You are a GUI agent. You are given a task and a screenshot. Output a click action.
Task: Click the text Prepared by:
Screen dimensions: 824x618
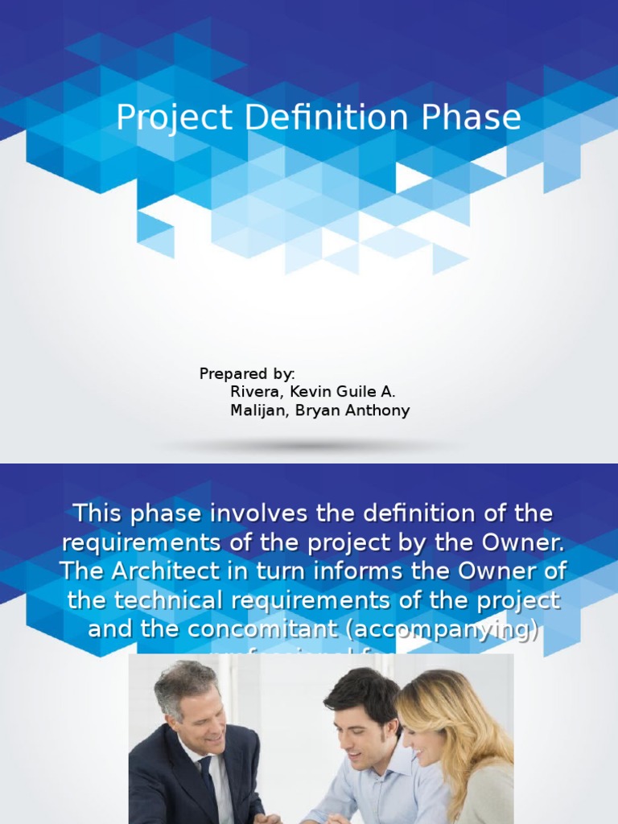(x=247, y=373)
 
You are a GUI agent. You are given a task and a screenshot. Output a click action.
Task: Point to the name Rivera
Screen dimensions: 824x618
(x=253, y=392)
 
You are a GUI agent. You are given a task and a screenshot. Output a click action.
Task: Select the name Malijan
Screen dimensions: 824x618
(x=257, y=410)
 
